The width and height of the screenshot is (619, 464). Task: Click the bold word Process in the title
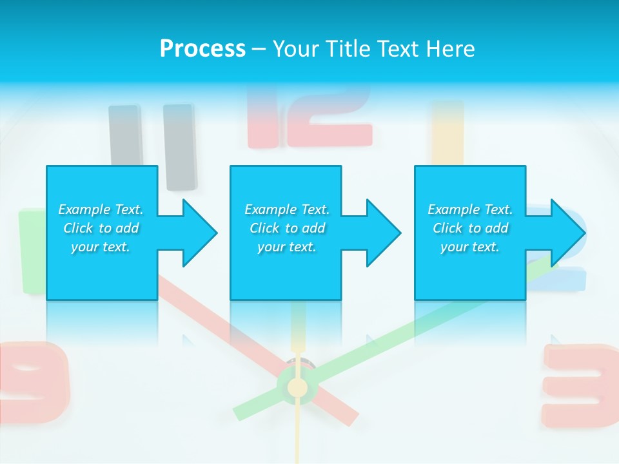202,48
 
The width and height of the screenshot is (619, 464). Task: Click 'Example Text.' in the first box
101,209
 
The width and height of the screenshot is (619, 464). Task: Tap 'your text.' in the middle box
286,247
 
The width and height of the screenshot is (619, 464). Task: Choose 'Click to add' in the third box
471,228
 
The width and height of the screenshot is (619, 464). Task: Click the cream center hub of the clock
297,387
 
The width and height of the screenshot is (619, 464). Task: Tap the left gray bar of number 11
125,135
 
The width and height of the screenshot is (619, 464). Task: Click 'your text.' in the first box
101,247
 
